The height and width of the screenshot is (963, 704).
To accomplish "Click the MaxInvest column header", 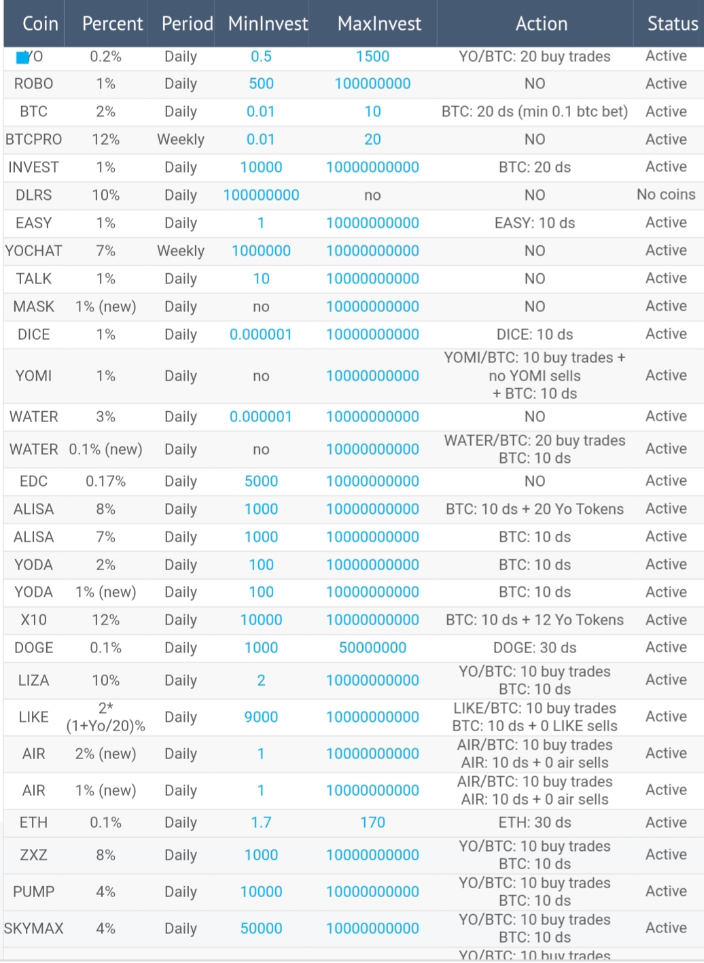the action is (379, 24).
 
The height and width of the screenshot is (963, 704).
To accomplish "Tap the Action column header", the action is (542, 24).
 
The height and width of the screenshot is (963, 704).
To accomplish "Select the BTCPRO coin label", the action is (33, 139).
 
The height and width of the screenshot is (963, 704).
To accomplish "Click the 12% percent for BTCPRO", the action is (106, 139).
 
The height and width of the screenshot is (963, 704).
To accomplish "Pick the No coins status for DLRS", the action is (666, 194).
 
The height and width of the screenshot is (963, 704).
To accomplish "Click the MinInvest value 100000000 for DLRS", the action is (261, 195).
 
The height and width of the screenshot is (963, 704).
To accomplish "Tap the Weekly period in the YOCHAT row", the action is (181, 251).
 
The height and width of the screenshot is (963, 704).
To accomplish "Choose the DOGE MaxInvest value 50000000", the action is (372, 648).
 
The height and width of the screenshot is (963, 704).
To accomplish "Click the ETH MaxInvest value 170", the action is (372, 822).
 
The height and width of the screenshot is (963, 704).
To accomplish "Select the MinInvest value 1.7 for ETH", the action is (261, 822).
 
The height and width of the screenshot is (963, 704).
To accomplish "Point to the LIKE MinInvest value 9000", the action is (261, 717).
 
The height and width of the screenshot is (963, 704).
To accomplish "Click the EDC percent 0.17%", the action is (106, 481).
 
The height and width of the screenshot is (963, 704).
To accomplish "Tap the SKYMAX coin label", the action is (33, 928).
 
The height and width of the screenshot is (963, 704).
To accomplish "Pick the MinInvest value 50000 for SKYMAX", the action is (261, 928).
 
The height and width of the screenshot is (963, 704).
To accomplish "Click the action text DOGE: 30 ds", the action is (535, 648).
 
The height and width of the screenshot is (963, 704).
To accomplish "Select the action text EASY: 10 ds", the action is (535, 223).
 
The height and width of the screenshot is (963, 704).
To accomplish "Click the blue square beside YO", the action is (22, 58).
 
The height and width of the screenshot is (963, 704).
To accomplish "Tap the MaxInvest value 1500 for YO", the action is (372, 56).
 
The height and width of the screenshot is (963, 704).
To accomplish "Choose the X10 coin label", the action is (33, 620).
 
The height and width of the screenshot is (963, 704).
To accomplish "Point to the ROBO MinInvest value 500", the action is (261, 84).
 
